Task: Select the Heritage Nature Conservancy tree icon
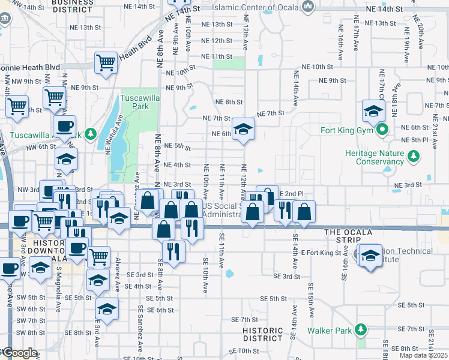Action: [x=413, y=157]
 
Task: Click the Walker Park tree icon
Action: [x=361, y=330]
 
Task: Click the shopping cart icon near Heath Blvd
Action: [x=106, y=62]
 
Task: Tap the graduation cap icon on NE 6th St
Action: [x=243, y=129]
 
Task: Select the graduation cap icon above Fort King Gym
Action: [x=373, y=111]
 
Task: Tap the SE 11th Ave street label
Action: [x=221, y=250]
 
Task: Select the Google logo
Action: [x=20, y=353]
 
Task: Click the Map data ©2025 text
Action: [x=423, y=355]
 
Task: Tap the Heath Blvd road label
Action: [x=136, y=49]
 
